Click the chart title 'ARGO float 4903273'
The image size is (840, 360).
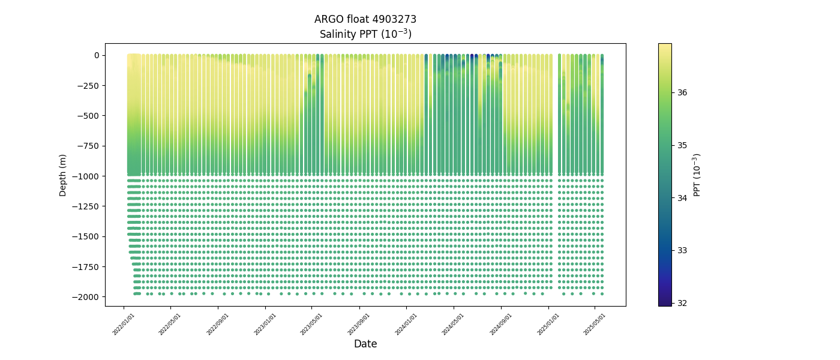(365, 19)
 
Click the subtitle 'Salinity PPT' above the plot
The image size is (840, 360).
(365, 34)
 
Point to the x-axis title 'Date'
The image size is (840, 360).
(365, 344)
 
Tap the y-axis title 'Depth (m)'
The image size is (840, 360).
(63, 175)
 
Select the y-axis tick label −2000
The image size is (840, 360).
(86, 297)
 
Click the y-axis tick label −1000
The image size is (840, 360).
(86, 176)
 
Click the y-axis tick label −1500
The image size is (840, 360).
(86, 236)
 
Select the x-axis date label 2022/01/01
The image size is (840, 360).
(124, 323)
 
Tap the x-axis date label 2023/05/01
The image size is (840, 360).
(312, 323)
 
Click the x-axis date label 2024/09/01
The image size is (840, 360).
(500, 323)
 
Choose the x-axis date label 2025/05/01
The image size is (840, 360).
(595, 323)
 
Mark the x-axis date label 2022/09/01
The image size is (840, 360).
(218, 323)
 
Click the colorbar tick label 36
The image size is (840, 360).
(682, 92)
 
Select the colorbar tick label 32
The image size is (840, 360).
(682, 303)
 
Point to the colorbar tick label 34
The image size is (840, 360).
(682, 198)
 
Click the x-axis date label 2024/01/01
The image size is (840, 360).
(406, 323)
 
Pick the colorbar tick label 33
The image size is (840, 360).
(682, 250)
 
